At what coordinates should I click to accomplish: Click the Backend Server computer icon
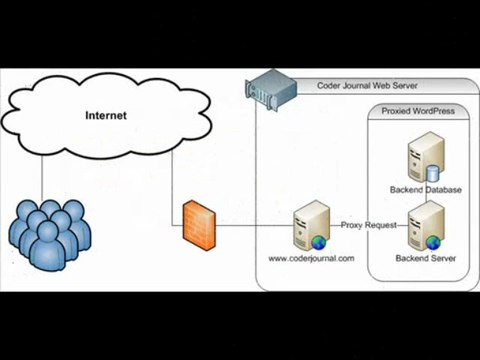pyautogui.click(x=420, y=226)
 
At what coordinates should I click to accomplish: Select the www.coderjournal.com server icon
pyautogui.click(x=308, y=227)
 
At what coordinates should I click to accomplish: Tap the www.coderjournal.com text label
pyautogui.click(x=311, y=258)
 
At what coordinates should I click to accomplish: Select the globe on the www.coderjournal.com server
pyautogui.click(x=316, y=241)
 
